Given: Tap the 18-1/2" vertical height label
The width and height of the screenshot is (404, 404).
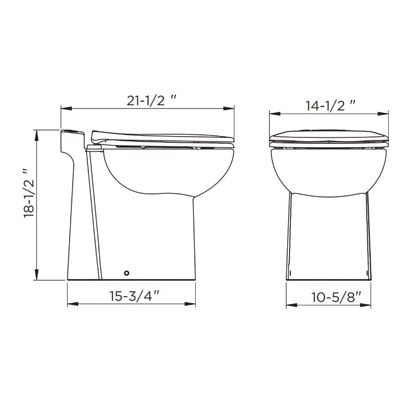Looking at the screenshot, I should click(x=29, y=193).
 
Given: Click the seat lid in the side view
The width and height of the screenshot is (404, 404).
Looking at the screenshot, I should click(x=162, y=136).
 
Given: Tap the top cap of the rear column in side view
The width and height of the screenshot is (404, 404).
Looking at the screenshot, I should click(x=72, y=132).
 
